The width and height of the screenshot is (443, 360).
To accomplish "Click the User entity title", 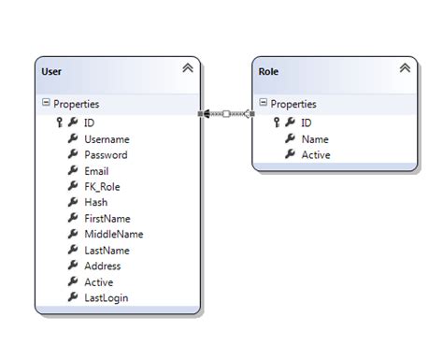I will (x=54, y=70).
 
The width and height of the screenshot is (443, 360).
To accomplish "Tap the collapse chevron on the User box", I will (x=188, y=68).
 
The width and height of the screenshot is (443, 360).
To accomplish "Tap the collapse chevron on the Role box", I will (x=404, y=68).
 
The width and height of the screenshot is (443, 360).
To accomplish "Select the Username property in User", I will (x=106, y=138).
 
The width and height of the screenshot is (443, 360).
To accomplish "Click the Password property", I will (x=105, y=154).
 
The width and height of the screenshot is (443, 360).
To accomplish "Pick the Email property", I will (x=96, y=171).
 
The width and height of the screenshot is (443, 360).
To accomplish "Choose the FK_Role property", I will (x=102, y=186).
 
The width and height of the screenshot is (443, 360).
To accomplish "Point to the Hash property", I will (x=95, y=202).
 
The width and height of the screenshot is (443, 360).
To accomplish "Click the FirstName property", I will (x=107, y=218).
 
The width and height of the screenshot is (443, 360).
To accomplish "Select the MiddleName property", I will (x=113, y=234).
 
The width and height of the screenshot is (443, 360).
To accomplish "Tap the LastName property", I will (x=107, y=250).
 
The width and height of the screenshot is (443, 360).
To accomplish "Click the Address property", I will (x=102, y=266).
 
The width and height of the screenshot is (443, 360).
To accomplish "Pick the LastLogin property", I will (x=106, y=297).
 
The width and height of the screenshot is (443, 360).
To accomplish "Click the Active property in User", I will (x=98, y=281).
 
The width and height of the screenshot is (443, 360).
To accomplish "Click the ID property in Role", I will (x=307, y=122).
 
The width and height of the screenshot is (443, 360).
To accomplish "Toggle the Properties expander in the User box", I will (x=46, y=104).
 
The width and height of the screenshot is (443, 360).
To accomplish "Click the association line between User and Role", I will (x=226, y=113).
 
